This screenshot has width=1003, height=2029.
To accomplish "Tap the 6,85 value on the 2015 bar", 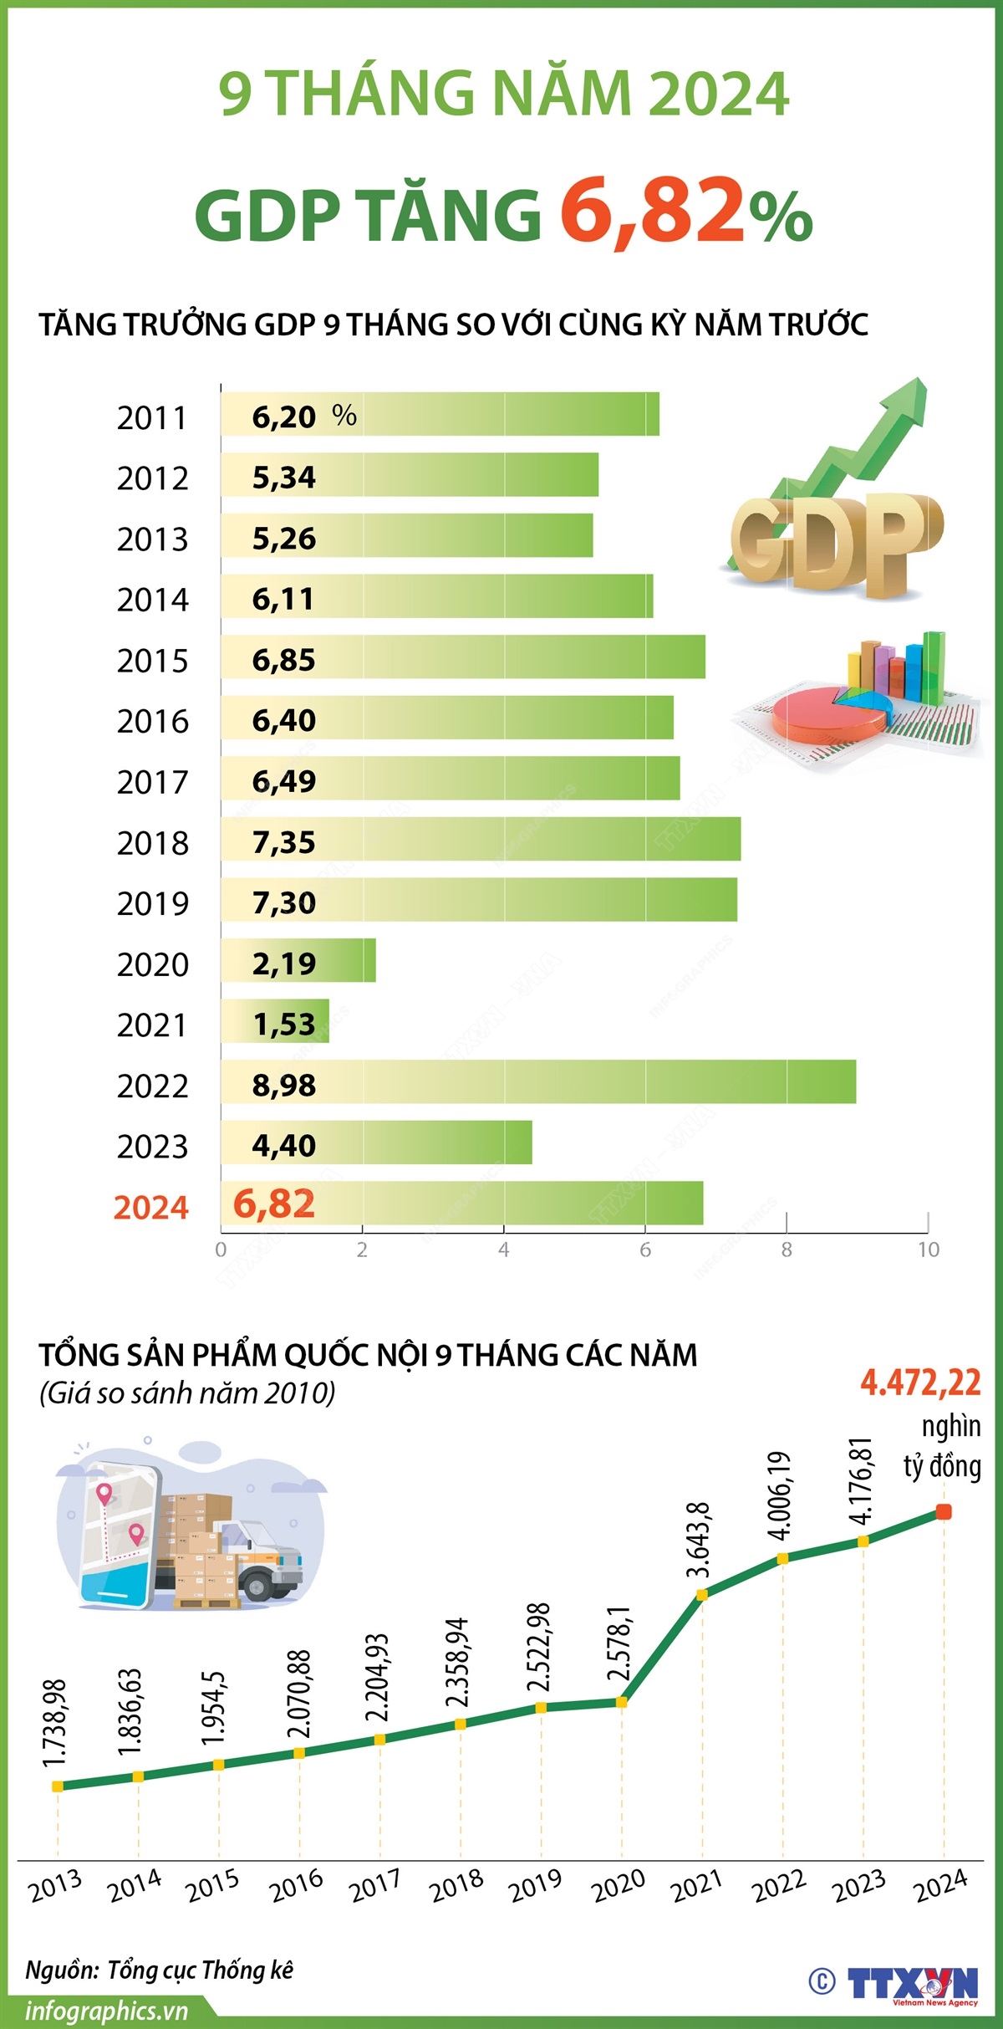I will (284, 660).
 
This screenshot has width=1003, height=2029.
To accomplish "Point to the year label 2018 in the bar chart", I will (153, 843).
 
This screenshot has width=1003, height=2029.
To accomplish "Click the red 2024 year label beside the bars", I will (151, 1208).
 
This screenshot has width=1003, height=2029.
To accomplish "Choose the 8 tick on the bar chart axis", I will (786, 1250).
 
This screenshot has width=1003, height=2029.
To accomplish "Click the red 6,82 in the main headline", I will (652, 211).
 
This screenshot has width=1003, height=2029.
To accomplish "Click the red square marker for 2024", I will (944, 1511).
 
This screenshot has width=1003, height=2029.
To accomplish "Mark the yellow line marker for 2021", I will (702, 1595).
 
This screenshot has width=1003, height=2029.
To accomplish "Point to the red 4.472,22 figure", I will (920, 1383).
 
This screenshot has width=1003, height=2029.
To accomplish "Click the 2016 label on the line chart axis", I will (297, 1885).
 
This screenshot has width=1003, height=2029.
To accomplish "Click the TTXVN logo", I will (911, 1984).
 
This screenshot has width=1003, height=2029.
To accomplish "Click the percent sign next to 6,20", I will (344, 416).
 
